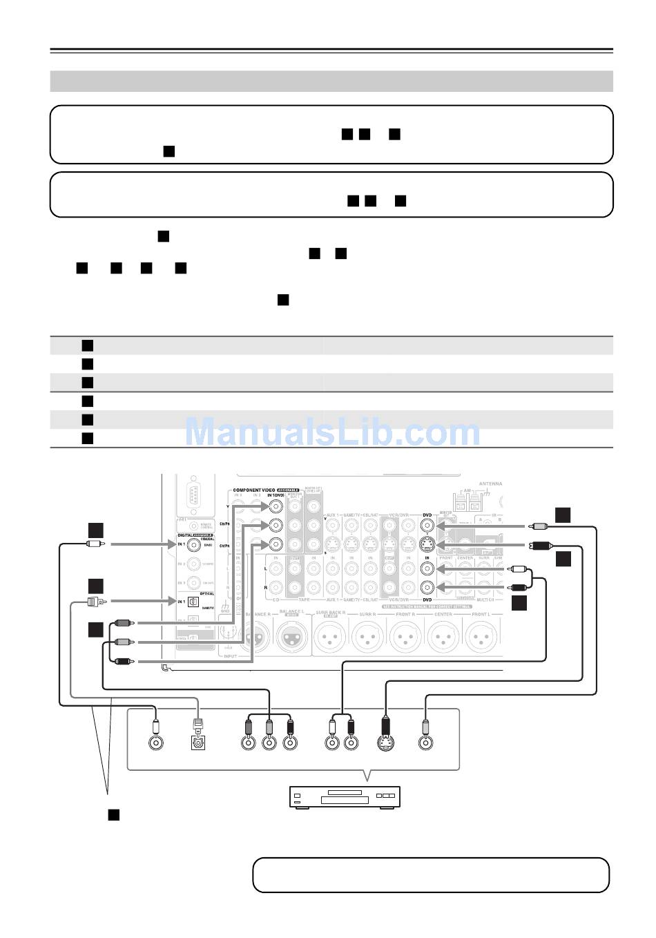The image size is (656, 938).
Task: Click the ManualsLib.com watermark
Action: click(332, 433)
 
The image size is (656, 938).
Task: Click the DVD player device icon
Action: click(345, 797)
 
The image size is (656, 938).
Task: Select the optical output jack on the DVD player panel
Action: click(199, 743)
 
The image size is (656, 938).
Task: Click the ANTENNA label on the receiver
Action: click(490, 484)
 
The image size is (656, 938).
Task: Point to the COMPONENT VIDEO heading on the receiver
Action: click(257, 490)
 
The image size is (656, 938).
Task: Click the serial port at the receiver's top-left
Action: click(193, 497)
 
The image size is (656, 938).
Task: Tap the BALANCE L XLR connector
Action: click(293, 636)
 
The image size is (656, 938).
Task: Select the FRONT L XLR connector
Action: click(481, 636)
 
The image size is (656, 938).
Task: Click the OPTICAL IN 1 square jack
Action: click(194, 601)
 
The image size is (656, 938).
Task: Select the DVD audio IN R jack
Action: click(427, 588)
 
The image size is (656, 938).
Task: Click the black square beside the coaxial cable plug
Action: click(95, 530)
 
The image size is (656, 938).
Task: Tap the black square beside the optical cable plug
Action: click(95, 586)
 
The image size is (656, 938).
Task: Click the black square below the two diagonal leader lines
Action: click(113, 814)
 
